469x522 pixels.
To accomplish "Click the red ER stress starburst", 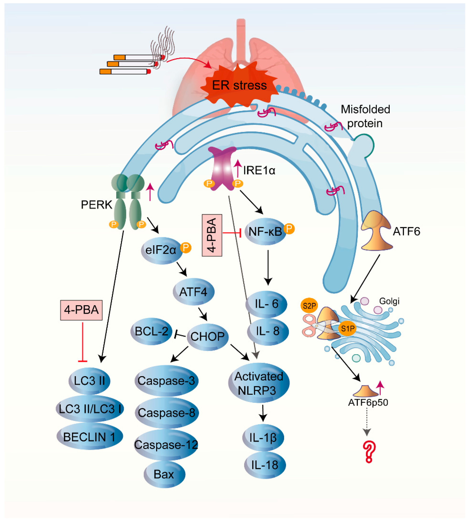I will click(x=238, y=85).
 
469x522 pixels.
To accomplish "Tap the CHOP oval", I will click(x=207, y=336).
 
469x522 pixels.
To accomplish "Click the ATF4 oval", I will click(x=193, y=292).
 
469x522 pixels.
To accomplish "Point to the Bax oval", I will click(x=164, y=474).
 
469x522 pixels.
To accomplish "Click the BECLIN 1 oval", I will click(x=89, y=437).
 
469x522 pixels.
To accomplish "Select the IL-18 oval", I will click(x=265, y=465).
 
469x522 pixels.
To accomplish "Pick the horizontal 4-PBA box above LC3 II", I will click(x=81, y=310).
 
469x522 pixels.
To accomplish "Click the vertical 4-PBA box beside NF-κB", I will click(x=212, y=235).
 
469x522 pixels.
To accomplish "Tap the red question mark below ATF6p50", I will click(x=369, y=452).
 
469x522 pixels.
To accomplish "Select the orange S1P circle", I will click(x=347, y=329).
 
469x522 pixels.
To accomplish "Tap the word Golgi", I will click(x=389, y=301).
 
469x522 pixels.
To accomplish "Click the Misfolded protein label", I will click(x=365, y=116).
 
